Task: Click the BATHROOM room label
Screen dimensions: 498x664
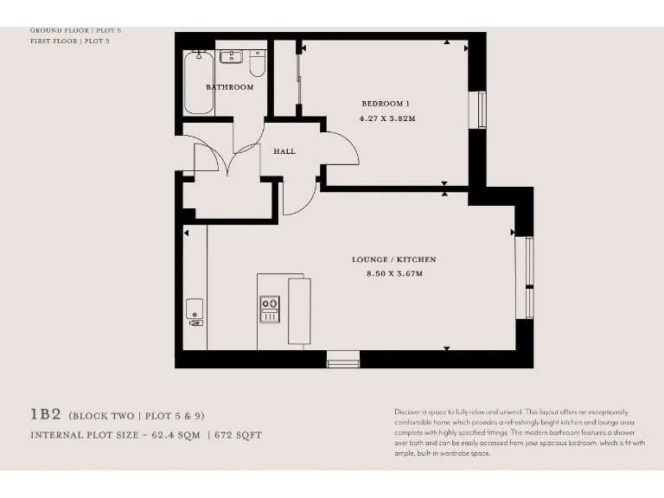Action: point(229,87)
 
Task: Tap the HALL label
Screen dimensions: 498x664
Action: point(284,151)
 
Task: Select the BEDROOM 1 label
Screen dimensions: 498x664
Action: point(386,104)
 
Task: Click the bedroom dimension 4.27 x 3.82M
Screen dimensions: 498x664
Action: point(386,118)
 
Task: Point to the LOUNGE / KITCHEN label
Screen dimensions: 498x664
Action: point(393,259)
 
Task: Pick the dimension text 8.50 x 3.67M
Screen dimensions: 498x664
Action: point(393,274)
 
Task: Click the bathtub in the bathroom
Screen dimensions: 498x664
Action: point(198,82)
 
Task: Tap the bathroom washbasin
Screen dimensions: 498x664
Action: point(231,57)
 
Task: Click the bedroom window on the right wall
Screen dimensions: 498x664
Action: point(482,110)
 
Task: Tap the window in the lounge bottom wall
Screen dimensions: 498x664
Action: point(342,359)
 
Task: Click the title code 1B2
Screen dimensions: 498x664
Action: point(46,415)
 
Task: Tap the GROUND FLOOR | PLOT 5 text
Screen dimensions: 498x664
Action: point(75,30)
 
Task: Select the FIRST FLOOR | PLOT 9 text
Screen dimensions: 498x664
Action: point(69,41)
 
